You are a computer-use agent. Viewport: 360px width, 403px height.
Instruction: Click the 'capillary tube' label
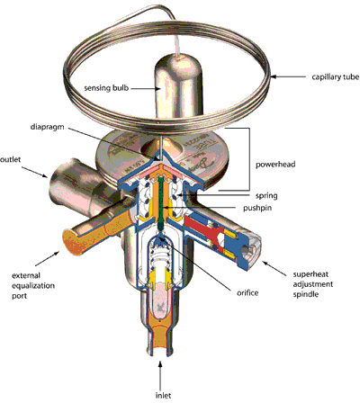click(x=336, y=77)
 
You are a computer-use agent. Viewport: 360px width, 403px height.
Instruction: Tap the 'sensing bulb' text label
click(x=106, y=88)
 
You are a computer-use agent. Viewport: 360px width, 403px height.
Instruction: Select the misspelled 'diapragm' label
click(x=48, y=127)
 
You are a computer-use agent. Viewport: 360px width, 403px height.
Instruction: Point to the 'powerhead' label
click(x=275, y=165)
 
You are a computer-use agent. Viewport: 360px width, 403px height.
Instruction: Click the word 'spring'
click(x=266, y=196)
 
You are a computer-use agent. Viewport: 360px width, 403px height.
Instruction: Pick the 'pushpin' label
click(x=257, y=208)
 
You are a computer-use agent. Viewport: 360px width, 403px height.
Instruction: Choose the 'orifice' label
click(x=247, y=292)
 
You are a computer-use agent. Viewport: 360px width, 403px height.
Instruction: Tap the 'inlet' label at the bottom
click(x=163, y=395)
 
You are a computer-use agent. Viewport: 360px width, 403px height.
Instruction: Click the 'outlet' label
click(x=11, y=159)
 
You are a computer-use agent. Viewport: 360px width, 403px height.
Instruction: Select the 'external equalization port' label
click(x=33, y=285)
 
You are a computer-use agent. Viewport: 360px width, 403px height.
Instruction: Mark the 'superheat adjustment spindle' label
click(x=313, y=284)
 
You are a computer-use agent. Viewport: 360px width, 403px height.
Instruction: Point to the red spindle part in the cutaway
click(x=203, y=228)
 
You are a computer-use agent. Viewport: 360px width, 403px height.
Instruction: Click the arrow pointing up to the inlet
click(x=160, y=374)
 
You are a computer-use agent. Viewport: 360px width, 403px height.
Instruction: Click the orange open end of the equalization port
click(x=73, y=241)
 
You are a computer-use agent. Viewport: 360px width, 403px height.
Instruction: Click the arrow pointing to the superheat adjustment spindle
click(x=274, y=268)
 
